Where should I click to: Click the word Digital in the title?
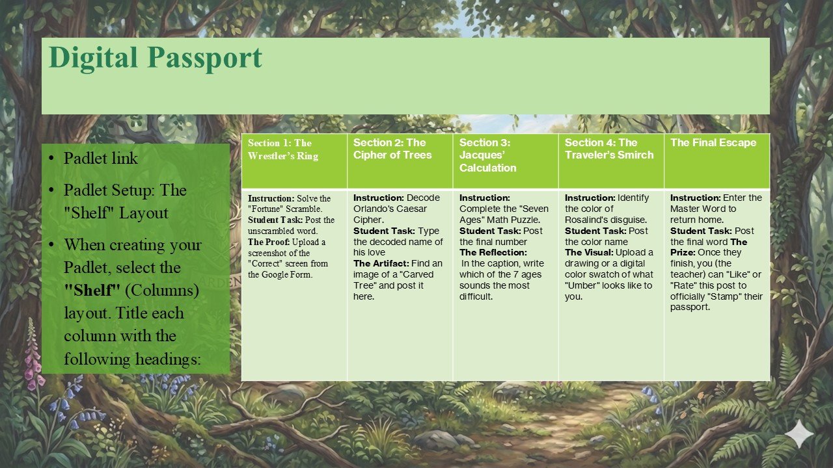tap(93, 58)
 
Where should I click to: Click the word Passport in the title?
tap(205, 58)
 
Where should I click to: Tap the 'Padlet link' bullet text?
tap(101, 158)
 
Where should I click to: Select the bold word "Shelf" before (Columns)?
tap(92, 290)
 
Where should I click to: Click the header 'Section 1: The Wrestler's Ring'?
tap(283, 149)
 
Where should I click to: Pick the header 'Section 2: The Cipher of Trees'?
tap(392, 149)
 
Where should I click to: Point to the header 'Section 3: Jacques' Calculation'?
tap(488, 155)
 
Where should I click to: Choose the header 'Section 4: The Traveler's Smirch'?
tap(609, 149)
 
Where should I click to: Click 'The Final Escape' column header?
tap(713, 142)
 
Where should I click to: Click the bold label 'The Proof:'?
tap(269, 242)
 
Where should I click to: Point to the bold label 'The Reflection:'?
tap(493, 253)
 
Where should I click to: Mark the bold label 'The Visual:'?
tap(589, 253)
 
